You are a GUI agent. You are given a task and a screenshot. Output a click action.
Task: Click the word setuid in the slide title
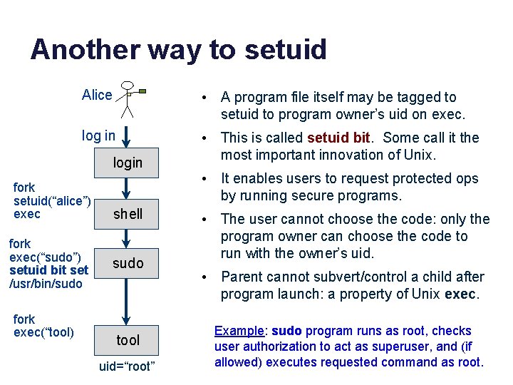(x=286, y=50)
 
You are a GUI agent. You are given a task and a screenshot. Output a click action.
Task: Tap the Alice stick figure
(x=128, y=99)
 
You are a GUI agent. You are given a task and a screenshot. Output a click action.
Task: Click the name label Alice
(x=97, y=96)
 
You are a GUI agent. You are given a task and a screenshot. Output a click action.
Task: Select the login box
(x=128, y=163)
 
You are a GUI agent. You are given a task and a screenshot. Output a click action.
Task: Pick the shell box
(x=128, y=214)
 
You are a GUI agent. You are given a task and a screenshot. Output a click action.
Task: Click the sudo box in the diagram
(x=128, y=263)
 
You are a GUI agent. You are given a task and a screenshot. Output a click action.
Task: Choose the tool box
(x=128, y=340)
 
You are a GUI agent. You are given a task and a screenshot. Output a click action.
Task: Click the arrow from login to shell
(x=126, y=188)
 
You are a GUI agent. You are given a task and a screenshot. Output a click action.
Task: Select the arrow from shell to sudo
(x=126, y=238)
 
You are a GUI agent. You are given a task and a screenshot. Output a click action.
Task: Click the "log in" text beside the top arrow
(x=98, y=135)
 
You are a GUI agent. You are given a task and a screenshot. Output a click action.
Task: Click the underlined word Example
(x=239, y=331)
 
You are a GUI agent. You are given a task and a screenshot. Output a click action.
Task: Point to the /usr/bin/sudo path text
(x=46, y=284)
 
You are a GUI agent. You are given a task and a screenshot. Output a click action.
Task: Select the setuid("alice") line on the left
(x=51, y=200)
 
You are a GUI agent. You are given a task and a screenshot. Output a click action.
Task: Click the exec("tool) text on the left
(x=43, y=332)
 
